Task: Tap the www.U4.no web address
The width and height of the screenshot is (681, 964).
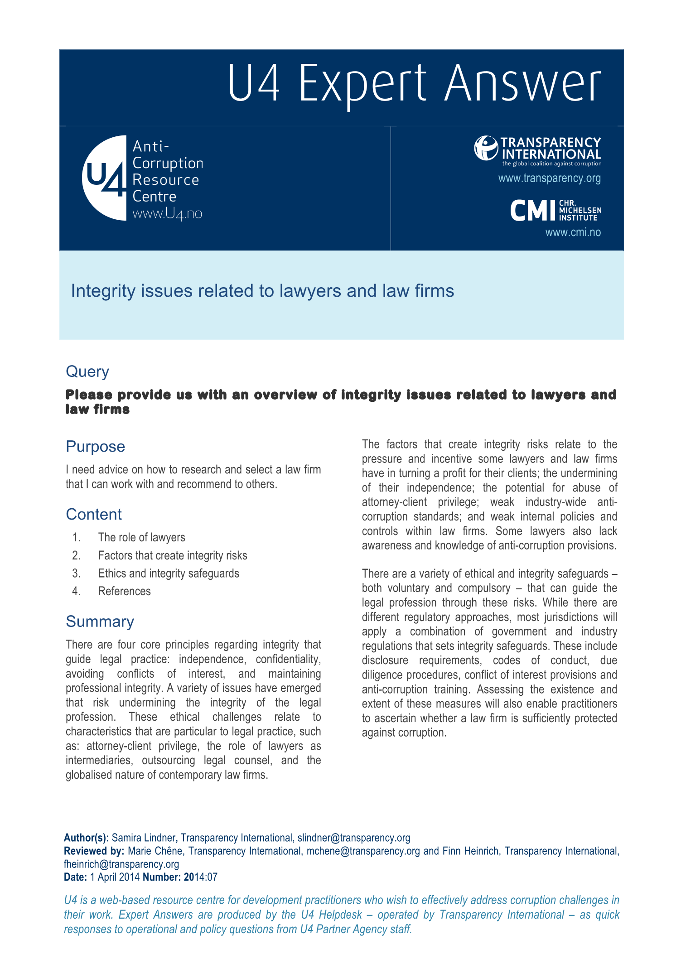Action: pyautogui.click(x=167, y=213)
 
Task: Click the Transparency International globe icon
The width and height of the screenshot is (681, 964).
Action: pyautogui.click(x=486, y=148)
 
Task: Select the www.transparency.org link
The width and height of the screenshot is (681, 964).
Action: pyautogui.click(x=549, y=178)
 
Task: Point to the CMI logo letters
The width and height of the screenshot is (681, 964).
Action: pyautogui.click(x=532, y=211)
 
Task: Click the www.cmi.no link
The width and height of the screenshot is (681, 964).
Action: pyautogui.click(x=573, y=232)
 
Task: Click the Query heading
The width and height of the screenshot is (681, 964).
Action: pyautogui.click(x=87, y=371)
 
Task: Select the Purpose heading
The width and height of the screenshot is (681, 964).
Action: pyautogui.click(x=95, y=447)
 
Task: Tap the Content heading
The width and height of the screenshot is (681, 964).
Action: pyautogui.click(x=94, y=515)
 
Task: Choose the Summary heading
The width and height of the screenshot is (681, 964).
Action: pyautogui.click(x=100, y=622)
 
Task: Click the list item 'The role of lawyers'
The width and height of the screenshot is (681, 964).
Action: pyautogui.click(x=141, y=537)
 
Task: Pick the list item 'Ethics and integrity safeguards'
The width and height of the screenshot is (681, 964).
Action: pyautogui.click(x=169, y=573)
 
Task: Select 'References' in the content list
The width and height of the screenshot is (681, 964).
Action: pyautogui.click(x=124, y=591)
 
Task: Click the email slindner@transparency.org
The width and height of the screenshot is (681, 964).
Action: pyautogui.click(x=353, y=838)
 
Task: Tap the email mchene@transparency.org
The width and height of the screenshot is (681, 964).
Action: pyautogui.click(x=363, y=851)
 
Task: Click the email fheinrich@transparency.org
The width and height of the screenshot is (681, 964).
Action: pyautogui.click(x=121, y=864)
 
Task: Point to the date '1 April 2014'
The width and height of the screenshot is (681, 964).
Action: pyautogui.click(x=115, y=877)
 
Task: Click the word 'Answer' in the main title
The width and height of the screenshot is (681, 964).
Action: pyautogui.click(x=522, y=84)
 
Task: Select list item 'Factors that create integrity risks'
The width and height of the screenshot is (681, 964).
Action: pyautogui.click(x=173, y=555)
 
